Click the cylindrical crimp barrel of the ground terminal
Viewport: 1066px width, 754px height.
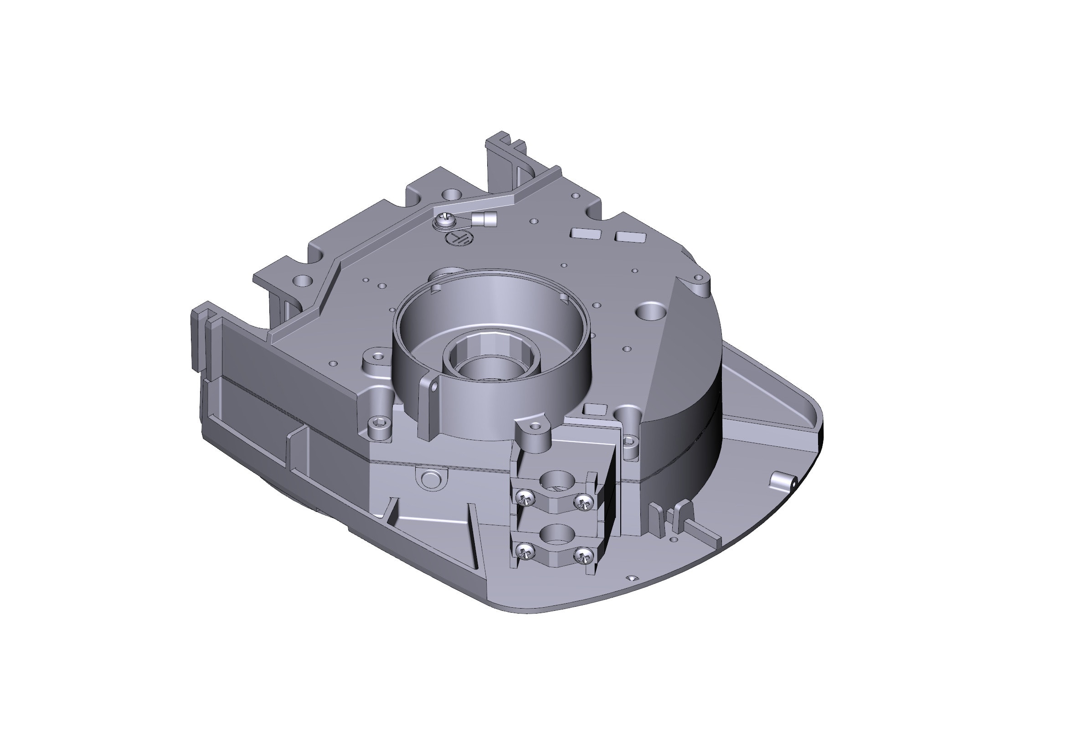(483, 218)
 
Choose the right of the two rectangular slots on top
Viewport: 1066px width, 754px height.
(630, 237)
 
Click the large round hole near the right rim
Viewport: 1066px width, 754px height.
(653, 310)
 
